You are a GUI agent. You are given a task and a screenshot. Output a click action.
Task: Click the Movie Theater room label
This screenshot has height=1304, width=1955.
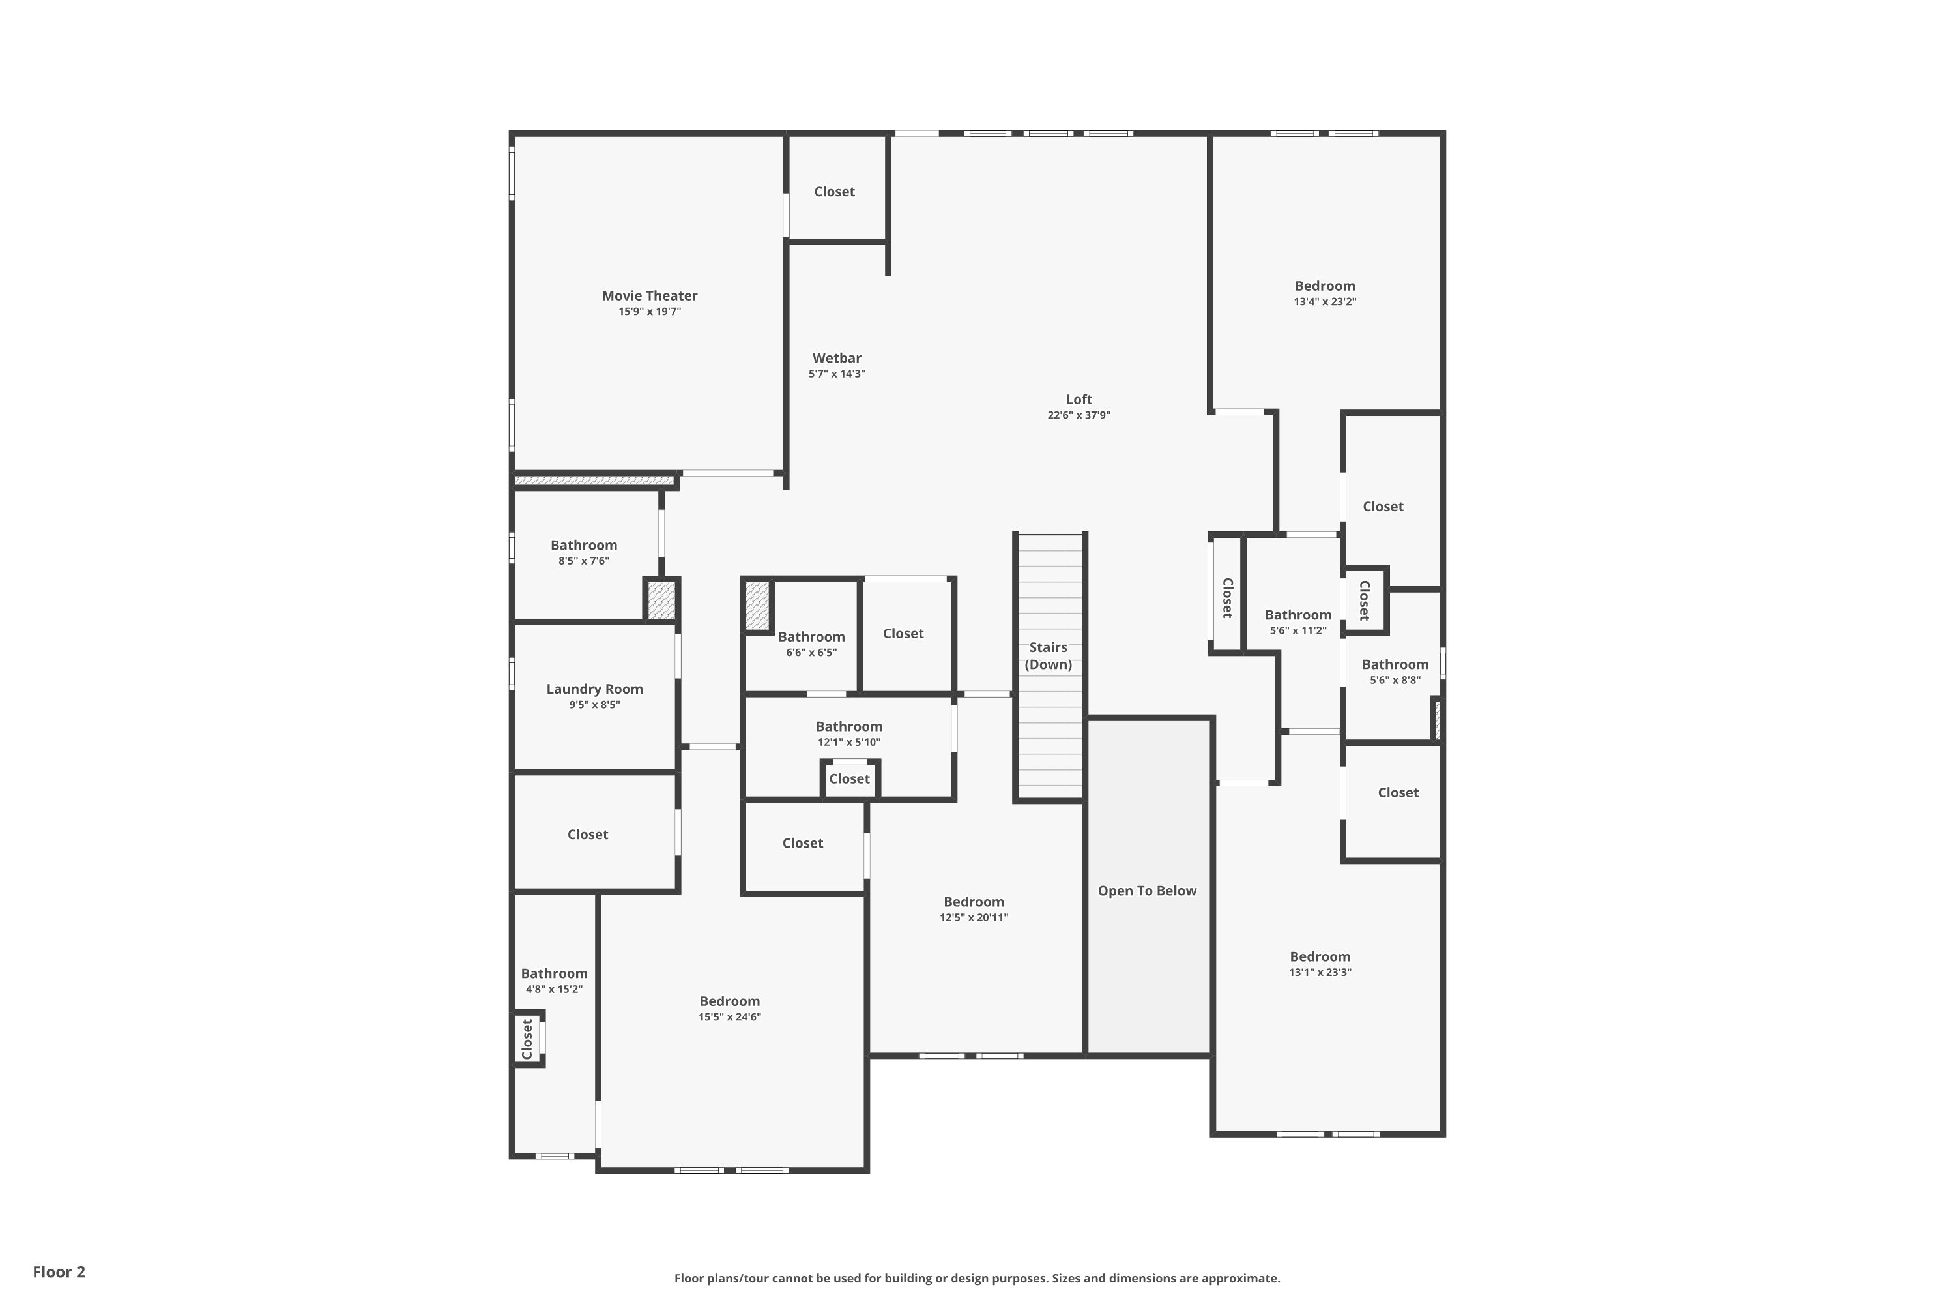[x=649, y=295]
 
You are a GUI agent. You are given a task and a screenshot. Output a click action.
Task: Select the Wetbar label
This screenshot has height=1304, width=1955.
[x=836, y=357]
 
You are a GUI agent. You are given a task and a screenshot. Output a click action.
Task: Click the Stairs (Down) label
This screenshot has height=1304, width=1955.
[x=1048, y=655]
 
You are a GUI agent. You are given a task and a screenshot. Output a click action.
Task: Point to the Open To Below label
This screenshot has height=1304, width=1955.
[x=1147, y=891]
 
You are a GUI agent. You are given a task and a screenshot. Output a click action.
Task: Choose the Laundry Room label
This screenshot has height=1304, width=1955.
[x=594, y=689]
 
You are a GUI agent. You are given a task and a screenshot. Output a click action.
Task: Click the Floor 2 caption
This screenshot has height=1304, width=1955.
[x=59, y=1271]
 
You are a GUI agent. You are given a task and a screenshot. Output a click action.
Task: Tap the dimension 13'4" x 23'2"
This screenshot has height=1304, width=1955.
[x=1325, y=302]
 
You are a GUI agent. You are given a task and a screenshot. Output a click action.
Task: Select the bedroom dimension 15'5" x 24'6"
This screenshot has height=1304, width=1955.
[x=730, y=1017]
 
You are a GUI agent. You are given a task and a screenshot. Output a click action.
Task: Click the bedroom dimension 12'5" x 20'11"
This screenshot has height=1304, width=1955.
[x=974, y=917]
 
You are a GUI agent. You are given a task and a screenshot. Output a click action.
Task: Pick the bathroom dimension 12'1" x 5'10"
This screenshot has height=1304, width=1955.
[x=848, y=742]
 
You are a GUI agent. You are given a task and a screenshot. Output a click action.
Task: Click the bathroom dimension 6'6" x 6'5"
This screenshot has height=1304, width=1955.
[x=811, y=652]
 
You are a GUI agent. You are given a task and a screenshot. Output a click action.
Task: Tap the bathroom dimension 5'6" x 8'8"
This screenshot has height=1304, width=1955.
[x=1395, y=680]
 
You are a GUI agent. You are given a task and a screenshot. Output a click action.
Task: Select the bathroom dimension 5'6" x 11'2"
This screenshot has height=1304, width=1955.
[x=1297, y=630]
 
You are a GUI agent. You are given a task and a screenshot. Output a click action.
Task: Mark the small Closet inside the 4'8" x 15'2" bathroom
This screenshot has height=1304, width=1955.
[x=527, y=1039]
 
